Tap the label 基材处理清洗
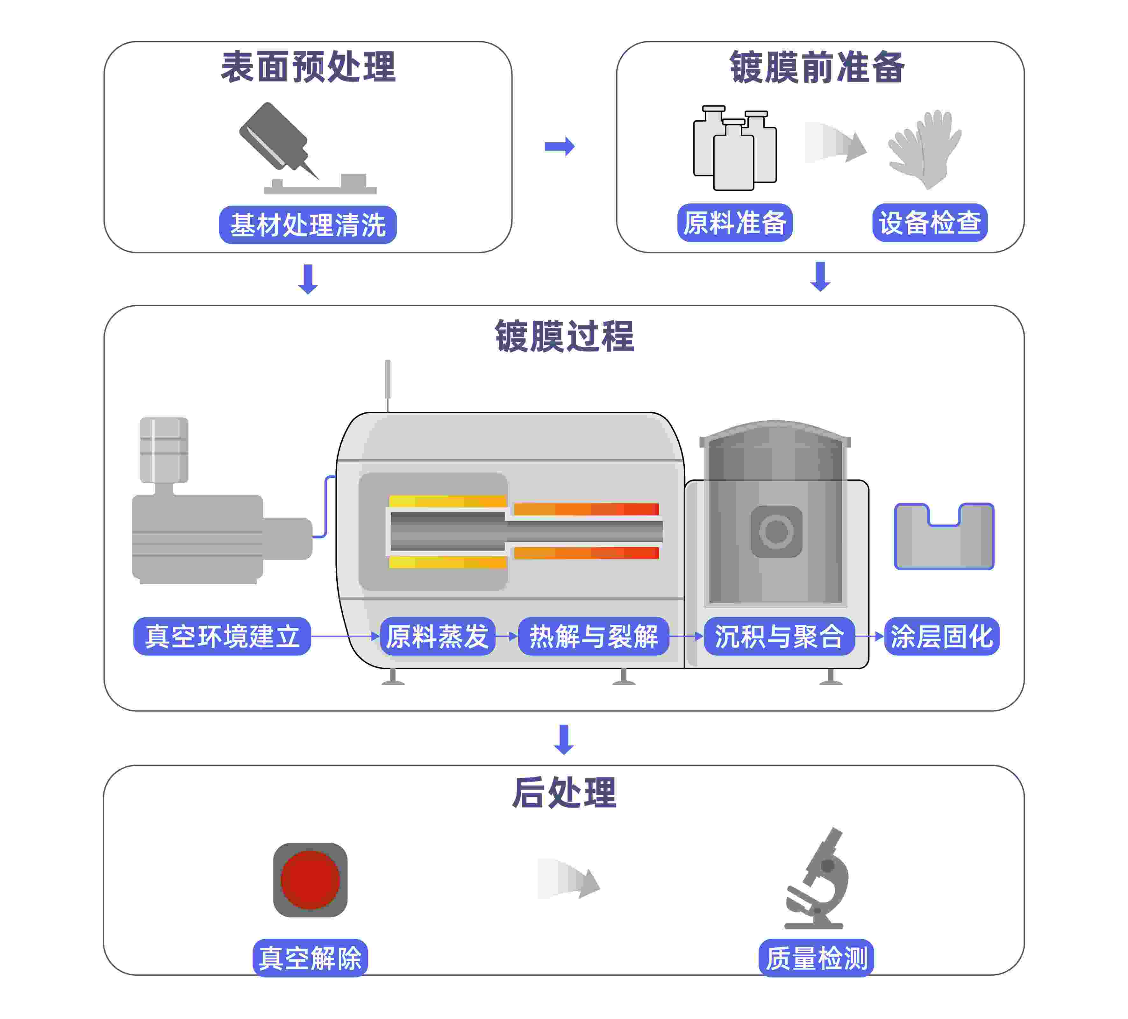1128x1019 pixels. [308, 225]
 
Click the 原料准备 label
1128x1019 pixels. [735, 223]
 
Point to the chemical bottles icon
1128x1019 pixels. [734, 148]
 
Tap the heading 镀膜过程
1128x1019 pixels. [564, 336]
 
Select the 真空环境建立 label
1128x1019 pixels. [222, 636]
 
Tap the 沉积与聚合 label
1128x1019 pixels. [779, 636]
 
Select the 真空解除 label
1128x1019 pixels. [310, 958]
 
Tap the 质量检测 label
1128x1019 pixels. [816, 958]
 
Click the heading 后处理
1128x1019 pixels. [564, 792]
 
